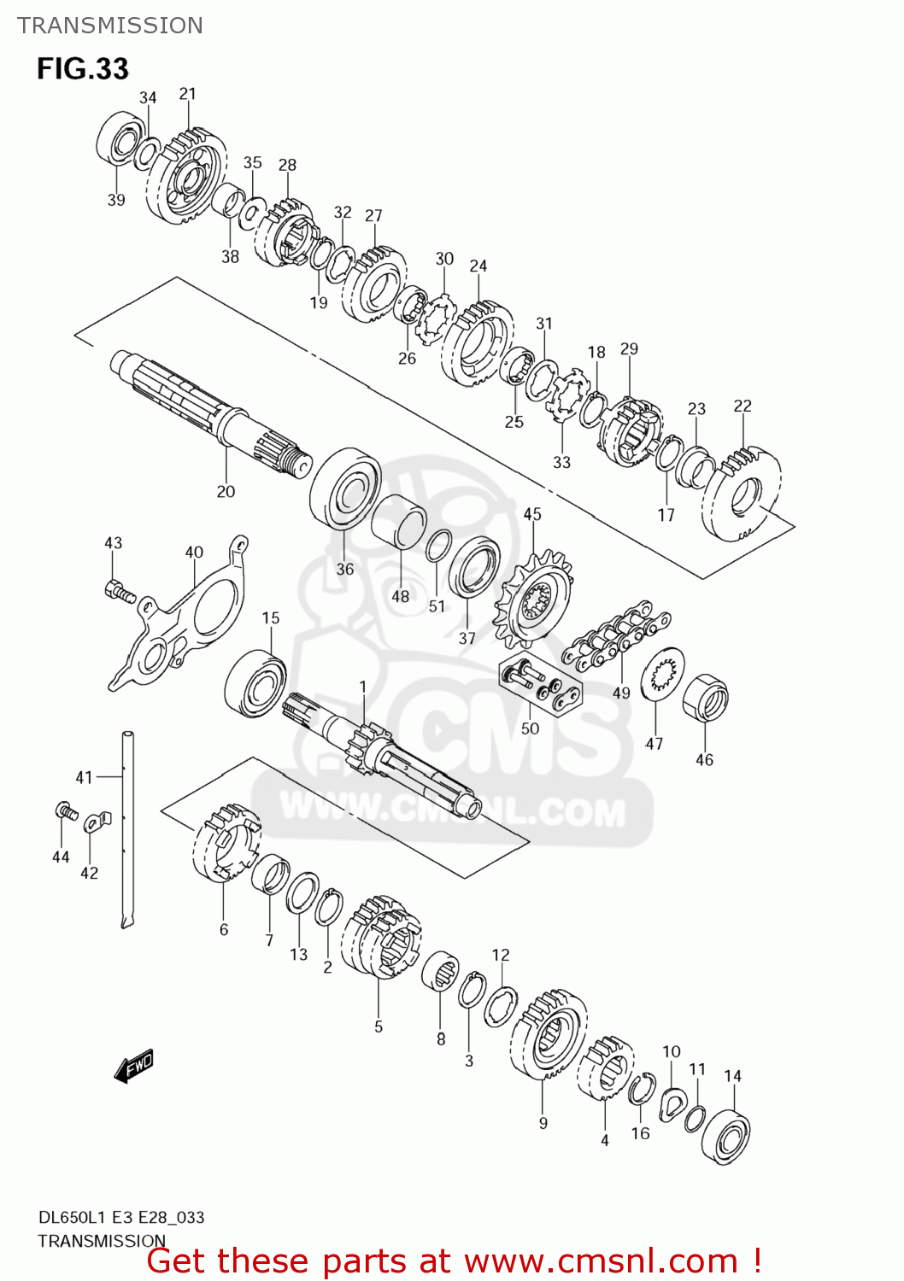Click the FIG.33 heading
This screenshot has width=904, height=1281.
pos(82,68)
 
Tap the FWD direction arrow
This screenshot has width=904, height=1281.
pos(134,1066)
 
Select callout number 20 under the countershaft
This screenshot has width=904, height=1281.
pos(226,491)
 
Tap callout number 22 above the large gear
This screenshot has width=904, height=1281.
pos(743,406)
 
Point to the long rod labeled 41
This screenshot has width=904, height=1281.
pos(128,828)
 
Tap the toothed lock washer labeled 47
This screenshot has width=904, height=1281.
pos(663,675)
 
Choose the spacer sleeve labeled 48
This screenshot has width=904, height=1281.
pos(399,524)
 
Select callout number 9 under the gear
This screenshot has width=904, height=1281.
pos(543,1123)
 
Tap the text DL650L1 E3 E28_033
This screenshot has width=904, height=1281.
pos(121,1217)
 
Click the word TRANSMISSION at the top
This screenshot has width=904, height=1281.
pos(110,26)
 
